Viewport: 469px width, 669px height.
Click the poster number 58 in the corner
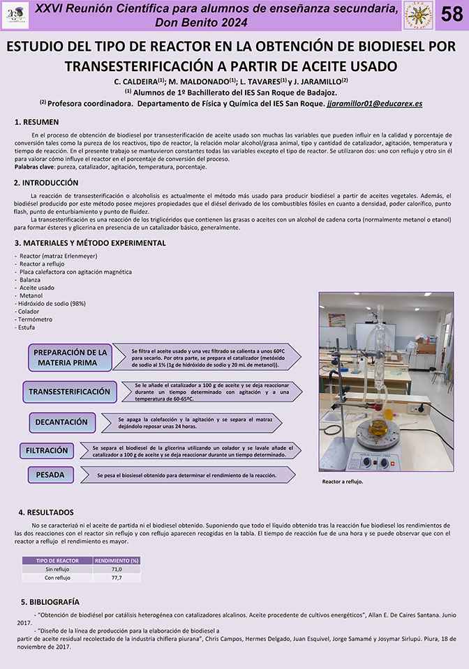coord(452,15)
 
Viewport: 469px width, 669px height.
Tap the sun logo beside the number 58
coord(418,15)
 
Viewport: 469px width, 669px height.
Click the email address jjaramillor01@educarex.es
coord(374,103)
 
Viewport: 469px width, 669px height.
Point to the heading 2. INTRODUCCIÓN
coord(46,183)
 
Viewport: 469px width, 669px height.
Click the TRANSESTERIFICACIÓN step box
coord(69,392)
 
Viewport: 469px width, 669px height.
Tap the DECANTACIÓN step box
coord(61,422)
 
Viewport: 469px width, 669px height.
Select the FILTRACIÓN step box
coord(47,450)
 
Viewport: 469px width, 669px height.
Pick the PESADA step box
coord(50,475)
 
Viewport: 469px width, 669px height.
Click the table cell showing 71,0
coord(117,569)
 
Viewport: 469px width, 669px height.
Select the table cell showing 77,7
coord(117,578)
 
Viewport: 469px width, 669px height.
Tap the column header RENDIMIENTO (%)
coord(117,560)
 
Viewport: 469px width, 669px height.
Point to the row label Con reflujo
coord(57,578)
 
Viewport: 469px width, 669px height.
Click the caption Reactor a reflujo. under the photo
coord(342,482)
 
